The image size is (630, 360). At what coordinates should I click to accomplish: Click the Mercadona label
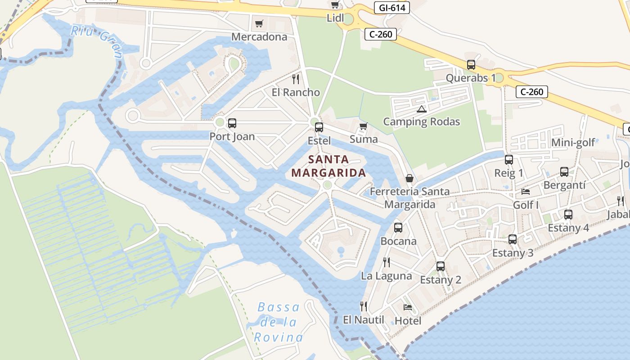coord(259,36)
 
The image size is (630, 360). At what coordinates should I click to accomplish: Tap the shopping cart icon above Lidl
coord(335,5)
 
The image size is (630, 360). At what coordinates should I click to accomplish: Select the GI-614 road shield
coord(391,8)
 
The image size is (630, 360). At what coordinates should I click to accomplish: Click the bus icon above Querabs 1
coord(471,65)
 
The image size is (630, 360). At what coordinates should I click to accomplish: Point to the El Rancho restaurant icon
coord(296,79)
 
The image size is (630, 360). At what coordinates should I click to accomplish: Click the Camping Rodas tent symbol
coord(421,108)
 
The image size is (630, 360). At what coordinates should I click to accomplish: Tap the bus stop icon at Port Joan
coord(232,123)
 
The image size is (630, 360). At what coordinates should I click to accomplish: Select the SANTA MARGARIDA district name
coord(328,166)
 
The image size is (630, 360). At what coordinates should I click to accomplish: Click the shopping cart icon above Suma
coord(364,126)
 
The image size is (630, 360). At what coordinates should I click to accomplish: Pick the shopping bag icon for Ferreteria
coord(409,178)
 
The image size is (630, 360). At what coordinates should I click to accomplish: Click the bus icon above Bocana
coord(398,228)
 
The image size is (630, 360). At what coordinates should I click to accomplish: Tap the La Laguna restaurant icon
coord(386,262)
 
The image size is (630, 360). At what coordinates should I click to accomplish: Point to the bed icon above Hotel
coord(408,307)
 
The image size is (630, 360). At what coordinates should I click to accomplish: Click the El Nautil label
coord(364,320)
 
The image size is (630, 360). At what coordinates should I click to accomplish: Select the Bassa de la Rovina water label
coord(279,322)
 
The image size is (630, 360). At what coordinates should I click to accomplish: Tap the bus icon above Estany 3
coord(513,239)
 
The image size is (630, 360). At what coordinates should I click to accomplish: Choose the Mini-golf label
coord(573,143)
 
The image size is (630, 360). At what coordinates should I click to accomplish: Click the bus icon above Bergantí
coord(564,172)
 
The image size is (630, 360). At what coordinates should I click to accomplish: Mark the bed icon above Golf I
coord(526,192)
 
